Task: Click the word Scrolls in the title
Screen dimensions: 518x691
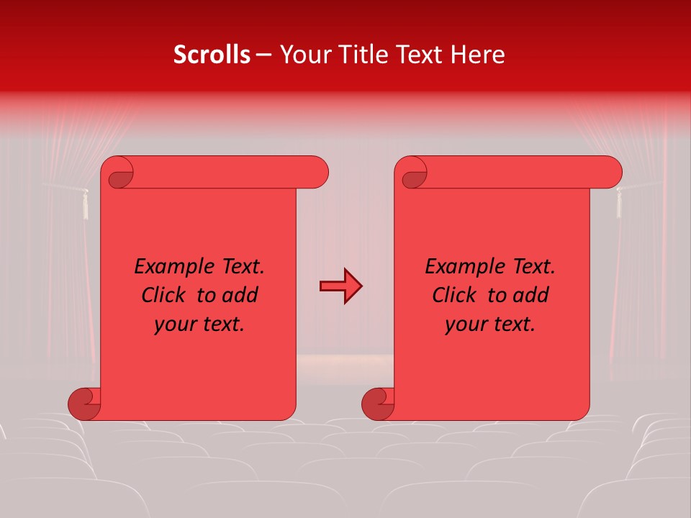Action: (212, 55)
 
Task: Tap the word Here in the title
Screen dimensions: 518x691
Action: (477, 55)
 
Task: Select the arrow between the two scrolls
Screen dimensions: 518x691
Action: (340, 286)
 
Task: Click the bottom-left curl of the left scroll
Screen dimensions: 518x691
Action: (84, 404)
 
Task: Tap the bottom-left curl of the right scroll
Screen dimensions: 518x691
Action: (377, 404)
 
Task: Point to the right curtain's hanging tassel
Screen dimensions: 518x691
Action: (618, 203)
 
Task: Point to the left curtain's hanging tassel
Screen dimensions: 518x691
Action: (85, 204)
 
